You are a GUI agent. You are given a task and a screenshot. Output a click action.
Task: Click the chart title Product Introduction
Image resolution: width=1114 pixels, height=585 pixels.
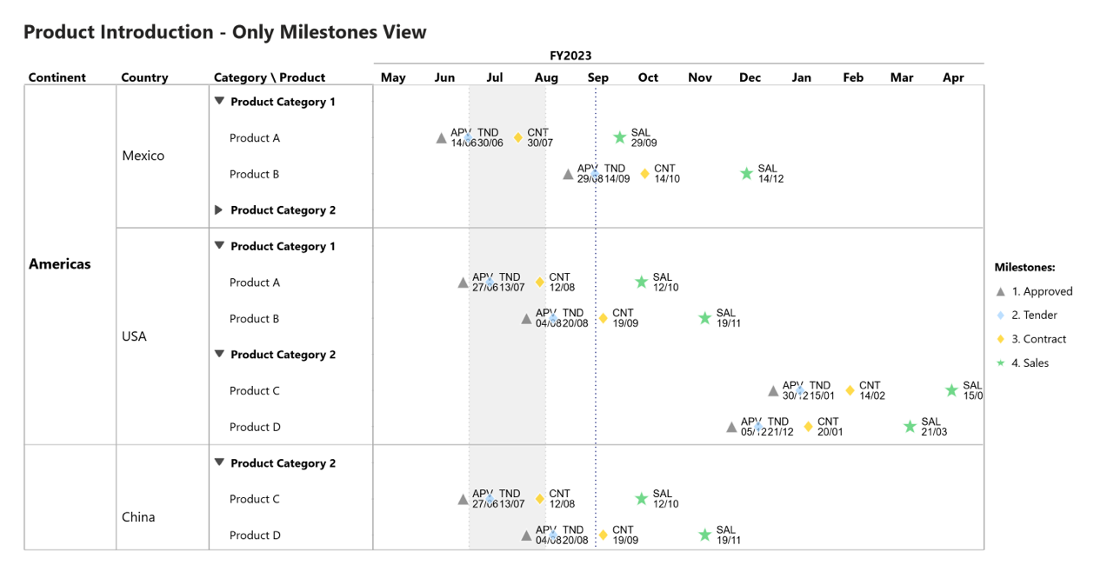[224, 32]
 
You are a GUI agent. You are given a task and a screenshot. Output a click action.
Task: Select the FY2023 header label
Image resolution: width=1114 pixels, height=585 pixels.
[570, 56]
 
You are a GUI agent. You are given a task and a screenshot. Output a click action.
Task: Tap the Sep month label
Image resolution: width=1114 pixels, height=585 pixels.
[597, 77]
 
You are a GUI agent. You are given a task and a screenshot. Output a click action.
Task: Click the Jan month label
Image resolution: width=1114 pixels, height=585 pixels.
[801, 77]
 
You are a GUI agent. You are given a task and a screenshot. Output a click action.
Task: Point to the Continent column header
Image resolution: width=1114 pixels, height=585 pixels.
[57, 77]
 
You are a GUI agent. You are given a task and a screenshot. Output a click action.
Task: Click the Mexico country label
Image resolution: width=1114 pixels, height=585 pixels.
[143, 156]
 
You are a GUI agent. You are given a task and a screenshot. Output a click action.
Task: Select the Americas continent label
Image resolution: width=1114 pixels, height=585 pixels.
[60, 263]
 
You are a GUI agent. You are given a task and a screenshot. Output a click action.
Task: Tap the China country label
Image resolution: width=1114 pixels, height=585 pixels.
[138, 517]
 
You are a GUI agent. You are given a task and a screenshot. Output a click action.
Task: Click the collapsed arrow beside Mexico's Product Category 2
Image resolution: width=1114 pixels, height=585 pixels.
[219, 209]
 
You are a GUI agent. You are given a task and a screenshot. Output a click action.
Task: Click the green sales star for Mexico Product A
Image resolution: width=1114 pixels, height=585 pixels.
[619, 137]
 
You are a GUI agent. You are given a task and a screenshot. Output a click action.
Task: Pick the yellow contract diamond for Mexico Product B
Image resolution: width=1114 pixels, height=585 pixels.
[644, 174]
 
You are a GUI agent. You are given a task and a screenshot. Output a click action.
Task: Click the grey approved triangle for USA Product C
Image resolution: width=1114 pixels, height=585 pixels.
[773, 391]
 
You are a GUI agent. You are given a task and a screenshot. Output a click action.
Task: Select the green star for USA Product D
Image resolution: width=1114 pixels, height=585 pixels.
[910, 427]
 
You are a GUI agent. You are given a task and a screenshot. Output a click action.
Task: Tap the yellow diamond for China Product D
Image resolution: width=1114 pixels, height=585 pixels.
[603, 535]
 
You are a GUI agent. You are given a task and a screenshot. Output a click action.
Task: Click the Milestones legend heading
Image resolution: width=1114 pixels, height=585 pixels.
[1024, 267]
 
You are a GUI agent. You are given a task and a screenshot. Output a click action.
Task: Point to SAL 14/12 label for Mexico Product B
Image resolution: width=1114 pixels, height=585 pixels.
[770, 174]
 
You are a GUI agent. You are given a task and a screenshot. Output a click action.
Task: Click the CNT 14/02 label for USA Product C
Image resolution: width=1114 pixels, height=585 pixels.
[871, 390]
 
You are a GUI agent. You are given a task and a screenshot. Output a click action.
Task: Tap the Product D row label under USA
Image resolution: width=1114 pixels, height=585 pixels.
[255, 427]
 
